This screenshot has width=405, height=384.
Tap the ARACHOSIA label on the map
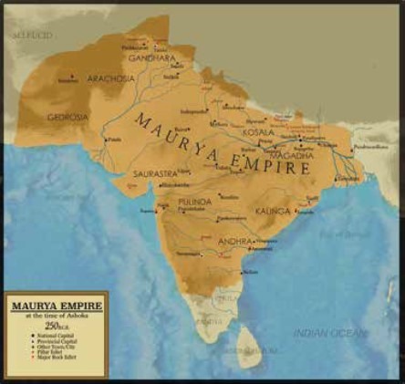tap(111, 79)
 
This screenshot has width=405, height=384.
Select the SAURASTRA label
tap(154, 172)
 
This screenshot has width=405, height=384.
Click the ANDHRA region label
tap(237, 242)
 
